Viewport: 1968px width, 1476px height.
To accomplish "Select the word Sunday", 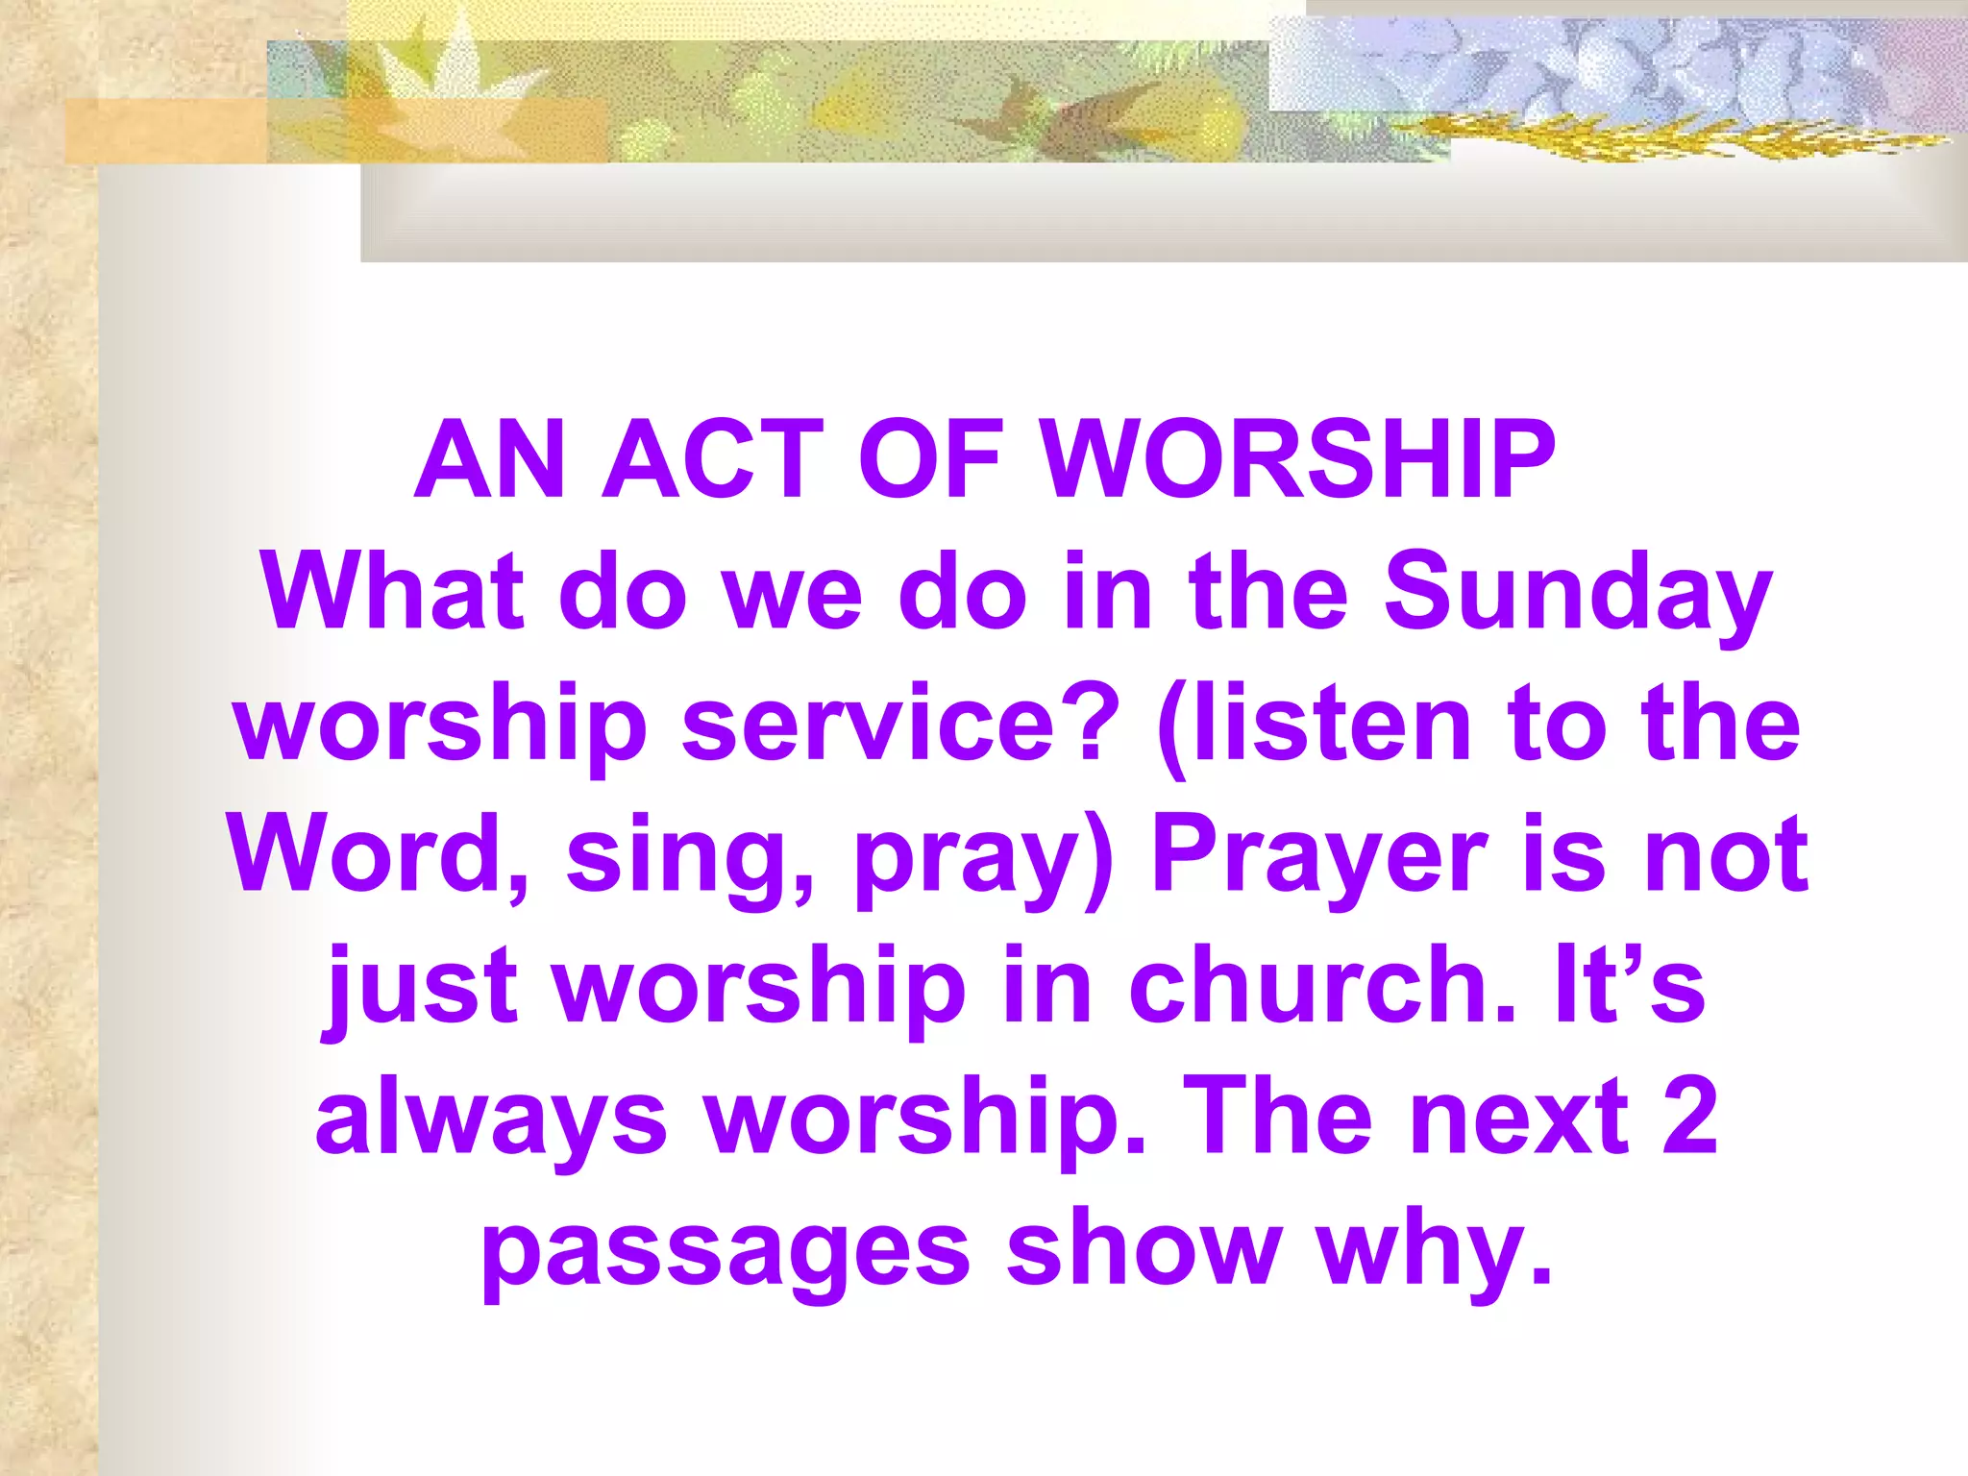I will [x=1576, y=594].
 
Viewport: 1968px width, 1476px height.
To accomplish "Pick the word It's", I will [x=1630, y=985].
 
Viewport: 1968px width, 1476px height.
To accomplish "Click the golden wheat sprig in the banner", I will [x=1672, y=139].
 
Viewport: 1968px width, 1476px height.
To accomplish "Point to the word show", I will [x=1144, y=1249].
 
